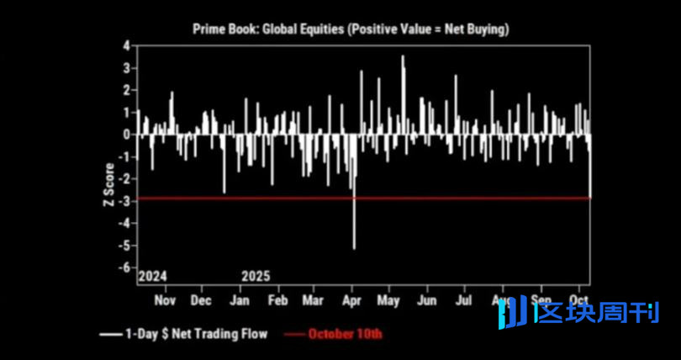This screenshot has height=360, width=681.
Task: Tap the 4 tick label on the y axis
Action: click(x=124, y=45)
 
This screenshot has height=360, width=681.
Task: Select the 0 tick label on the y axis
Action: click(x=124, y=135)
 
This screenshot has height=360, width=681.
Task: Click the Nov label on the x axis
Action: click(x=165, y=300)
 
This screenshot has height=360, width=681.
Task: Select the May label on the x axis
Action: click(x=388, y=300)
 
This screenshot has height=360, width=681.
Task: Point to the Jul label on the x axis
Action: click(x=462, y=300)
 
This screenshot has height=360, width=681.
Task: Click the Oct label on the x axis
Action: click(x=578, y=300)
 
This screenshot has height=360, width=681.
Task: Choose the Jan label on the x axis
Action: click(x=241, y=300)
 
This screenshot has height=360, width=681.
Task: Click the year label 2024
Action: click(x=152, y=276)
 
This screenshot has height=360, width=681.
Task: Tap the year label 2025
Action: click(x=256, y=276)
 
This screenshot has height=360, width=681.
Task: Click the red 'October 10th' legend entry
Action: click(x=345, y=334)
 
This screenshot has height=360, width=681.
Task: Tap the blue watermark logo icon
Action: click(x=515, y=312)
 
